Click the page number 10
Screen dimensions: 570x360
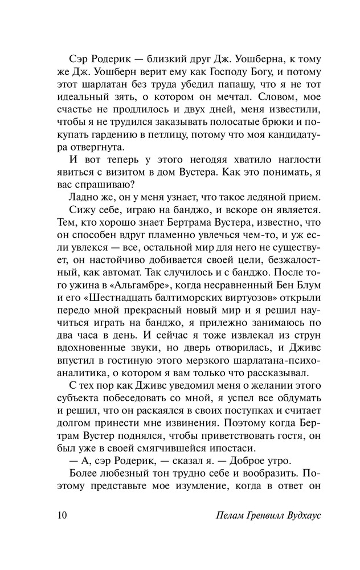pos(63,516)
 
